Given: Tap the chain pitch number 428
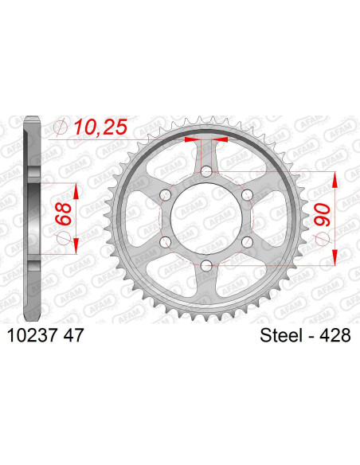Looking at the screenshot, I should point(335,338).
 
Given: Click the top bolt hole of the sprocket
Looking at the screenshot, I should point(206,171).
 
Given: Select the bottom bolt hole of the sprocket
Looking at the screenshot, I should point(206,265).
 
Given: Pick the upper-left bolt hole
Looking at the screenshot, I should point(166,195).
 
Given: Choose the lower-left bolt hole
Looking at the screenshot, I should point(166,242).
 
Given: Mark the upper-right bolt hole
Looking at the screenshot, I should point(247,195).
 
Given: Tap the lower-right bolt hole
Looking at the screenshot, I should point(247,242).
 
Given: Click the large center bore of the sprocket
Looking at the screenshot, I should point(206,218).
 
